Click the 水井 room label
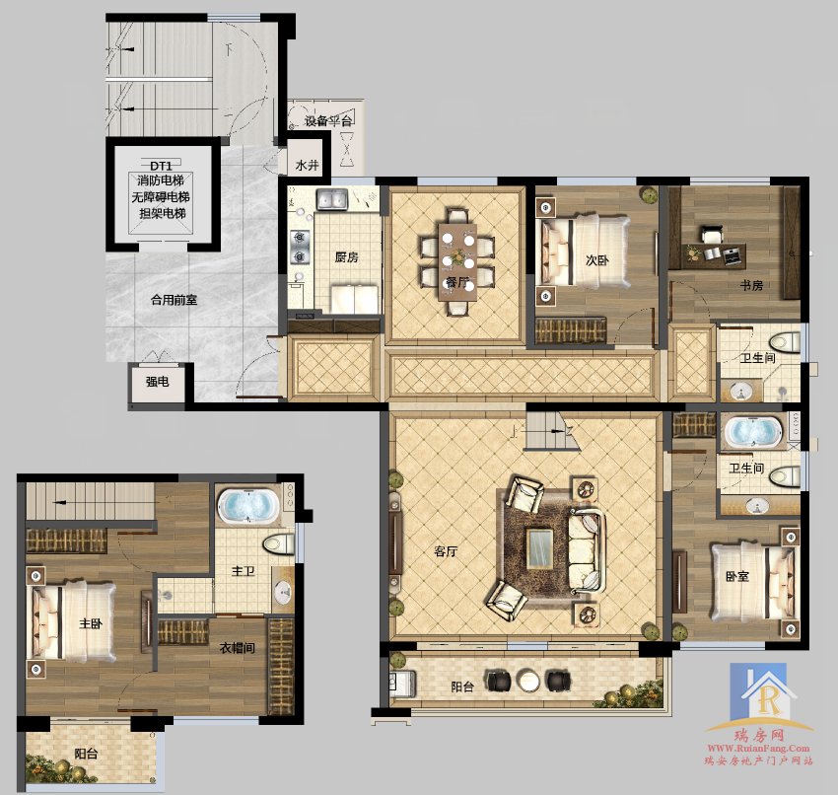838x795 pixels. pyautogui.click(x=308, y=165)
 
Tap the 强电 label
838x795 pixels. pyautogui.click(x=157, y=381)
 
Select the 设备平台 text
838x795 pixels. pyautogui.click(x=328, y=121)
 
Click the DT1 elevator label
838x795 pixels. pyautogui.click(x=161, y=166)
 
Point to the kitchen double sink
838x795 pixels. pyautogui.click(x=332, y=199)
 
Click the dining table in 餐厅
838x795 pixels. pyautogui.click(x=457, y=262)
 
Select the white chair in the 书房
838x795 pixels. pyautogui.click(x=712, y=235)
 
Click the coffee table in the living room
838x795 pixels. pyautogui.click(x=539, y=548)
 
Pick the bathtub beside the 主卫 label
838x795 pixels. pyautogui.click(x=248, y=505)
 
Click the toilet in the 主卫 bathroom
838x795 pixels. pyautogui.click(x=278, y=544)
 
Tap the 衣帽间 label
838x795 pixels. pyautogui.click(x=237, y=648)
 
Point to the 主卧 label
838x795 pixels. pyautogui.click(x=91, y=623)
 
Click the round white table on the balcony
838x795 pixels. pyautogui.click(x=528, y=681)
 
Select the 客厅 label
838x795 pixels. pyautogui.click(x=446, y=550)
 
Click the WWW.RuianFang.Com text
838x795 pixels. pyautogui.click(x=758, y=749)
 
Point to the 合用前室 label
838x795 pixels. pyautogui.click(x=174, y=300)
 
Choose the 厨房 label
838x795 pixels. pyautogui.click(x=346, y=257)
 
